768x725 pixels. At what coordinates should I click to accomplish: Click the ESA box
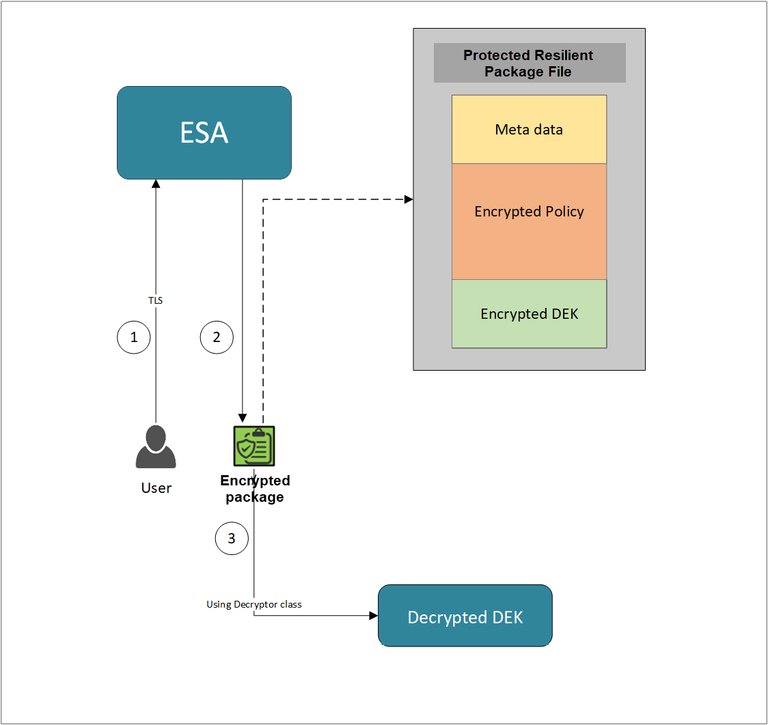204,132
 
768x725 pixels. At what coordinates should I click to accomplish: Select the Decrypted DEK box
465,616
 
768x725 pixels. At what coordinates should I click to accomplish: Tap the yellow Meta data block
529,129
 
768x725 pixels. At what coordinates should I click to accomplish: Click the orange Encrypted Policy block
529,221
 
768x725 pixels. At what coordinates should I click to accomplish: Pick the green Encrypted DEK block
529,313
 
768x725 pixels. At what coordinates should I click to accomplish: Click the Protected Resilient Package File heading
529,63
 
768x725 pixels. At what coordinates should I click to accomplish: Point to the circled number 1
134,337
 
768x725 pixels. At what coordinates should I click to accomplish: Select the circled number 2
217,337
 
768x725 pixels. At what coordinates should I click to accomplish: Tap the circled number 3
232,538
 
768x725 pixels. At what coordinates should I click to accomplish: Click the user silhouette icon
156,447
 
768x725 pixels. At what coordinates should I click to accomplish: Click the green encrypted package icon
254,446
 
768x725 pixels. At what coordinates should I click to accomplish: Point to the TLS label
156,300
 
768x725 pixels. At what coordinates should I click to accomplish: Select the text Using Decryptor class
254,604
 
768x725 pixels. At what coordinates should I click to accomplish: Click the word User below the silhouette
156,487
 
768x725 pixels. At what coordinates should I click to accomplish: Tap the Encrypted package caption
255,489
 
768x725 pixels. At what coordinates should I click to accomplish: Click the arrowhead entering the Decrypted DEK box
373,616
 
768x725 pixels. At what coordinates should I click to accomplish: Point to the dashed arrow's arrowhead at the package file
409,199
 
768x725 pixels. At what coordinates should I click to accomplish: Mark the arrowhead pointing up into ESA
156,184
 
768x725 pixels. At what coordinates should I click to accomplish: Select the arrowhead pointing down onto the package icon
242,418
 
